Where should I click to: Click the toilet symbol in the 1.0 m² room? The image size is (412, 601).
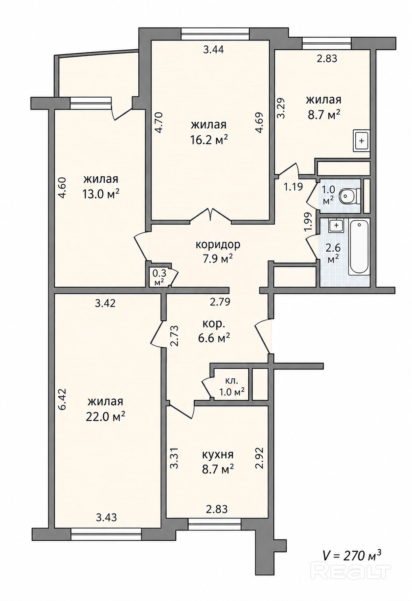pos(349,196)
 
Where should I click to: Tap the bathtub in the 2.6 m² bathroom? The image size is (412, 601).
pos(359,247)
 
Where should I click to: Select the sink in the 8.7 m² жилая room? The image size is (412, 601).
pos(361,141)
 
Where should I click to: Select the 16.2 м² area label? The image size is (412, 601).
pos(209,139)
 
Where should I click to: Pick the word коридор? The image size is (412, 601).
pos(218,245)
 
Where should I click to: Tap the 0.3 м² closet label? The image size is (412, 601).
pos(159,277)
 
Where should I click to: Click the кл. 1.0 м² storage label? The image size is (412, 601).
pos(232,385)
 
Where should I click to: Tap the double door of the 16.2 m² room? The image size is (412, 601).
pos(211,215)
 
